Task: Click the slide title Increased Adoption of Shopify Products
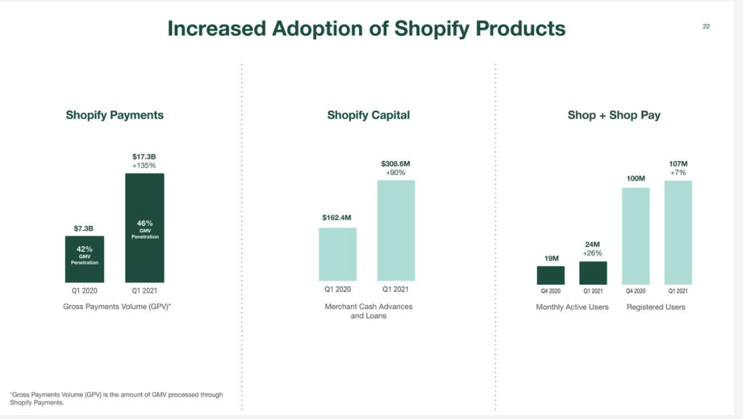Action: (x=366, y=29)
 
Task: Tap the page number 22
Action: (x=706, y=27)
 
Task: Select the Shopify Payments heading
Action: (x=114, y=115)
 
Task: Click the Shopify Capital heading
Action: (x=368, y=115)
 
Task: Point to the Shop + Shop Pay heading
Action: (x=613, y=115)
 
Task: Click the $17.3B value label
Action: (x=144, y=156)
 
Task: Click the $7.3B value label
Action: (x=84, y=228)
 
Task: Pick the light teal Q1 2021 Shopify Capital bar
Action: (x=396, y=230)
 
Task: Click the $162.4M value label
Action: (x=338, y=217)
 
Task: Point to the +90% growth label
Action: (x=396, y=173)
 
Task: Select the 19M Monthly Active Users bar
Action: (x=551, y=275)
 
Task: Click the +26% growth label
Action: (x=593, y=253)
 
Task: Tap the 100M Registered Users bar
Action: (x=635, y=236)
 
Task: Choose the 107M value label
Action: (x=678, y=164)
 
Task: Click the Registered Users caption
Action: (x=656, y=307)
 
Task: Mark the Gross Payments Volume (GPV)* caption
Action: (x=117, y=307)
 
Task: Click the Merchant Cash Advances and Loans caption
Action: (x=368, y=311)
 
